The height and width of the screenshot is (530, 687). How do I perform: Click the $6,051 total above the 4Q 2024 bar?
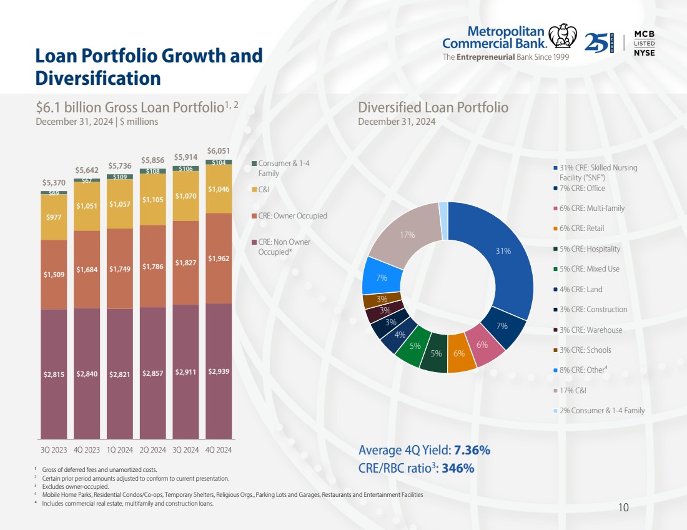pyautogui.click(x=219, y=151)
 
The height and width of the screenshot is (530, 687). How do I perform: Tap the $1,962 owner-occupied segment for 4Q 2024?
pyautogui.click(x=219, y=258)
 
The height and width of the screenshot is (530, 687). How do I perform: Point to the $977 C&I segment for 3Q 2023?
pyautogui.click(x=54, y=217)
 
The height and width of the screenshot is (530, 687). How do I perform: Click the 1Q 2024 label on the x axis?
pyautogui.click(x=119, y=449)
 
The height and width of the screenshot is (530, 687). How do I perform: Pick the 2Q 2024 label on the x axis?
pyautogui.click(x=152, y=449)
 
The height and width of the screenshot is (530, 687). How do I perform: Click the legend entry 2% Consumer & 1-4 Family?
pyautogui.click(x=601, y=411)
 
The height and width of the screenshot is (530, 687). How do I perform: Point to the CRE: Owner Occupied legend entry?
pyautogui.click(x=292, y=216)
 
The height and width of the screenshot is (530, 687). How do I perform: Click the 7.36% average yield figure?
pyautogui.click(x=472, y=451)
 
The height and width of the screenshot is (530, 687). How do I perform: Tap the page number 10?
pyautogui.click(x=623, y=508)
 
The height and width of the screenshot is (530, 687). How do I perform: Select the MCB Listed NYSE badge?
pyautogui.click(x=644, y=43)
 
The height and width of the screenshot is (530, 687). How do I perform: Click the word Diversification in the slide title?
pyautogui.click(x=98, y=79)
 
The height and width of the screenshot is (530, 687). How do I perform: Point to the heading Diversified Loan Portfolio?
pyautogui.click(x=433, y=107)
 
